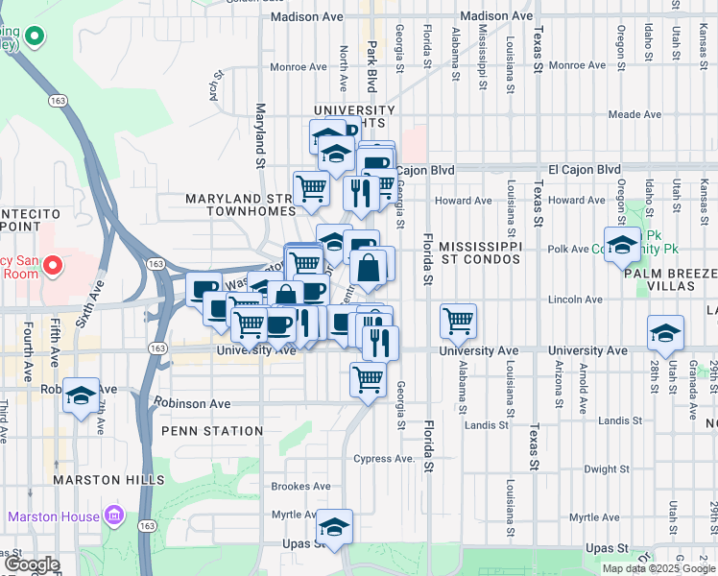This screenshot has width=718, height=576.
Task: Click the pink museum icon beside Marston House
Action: pos(114,516)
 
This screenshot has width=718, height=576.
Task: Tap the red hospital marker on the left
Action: pos(54,263)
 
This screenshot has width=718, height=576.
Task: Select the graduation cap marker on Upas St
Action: pos(334,526)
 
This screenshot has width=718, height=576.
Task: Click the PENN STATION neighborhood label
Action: pos(212,431)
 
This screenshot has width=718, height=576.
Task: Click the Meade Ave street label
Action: pos(634,114)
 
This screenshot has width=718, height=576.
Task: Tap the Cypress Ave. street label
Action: pos(384,458)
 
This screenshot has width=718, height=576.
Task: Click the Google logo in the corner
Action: pos(32,565)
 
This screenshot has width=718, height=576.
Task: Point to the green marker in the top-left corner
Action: pos(35,38)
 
